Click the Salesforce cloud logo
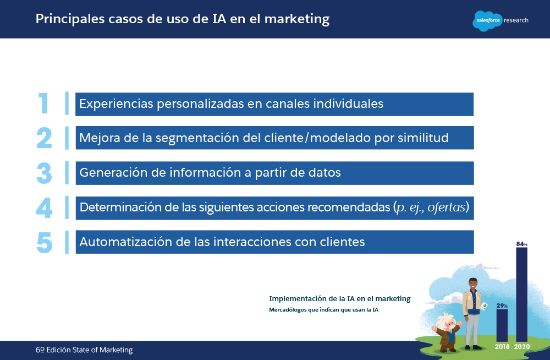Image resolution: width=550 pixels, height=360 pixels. [487, 21]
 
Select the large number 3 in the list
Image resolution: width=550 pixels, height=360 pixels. [44, 173]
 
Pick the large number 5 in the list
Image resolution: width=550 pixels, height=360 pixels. [45, 242]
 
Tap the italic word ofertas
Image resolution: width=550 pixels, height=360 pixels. [446, 207]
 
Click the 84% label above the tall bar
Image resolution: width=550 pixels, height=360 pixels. [521, 244]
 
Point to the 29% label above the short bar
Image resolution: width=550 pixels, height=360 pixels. [502, 306]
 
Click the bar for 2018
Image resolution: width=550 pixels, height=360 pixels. [502, 325]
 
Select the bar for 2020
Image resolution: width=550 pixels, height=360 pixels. [521, 294]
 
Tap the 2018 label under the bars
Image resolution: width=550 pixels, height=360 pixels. [502, 347]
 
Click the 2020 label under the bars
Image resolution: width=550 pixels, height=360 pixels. [522, 347]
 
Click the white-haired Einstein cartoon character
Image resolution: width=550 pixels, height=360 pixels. [447, 332]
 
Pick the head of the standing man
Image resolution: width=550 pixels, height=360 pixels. [473, 284]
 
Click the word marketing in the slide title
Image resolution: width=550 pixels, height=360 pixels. [297, 19]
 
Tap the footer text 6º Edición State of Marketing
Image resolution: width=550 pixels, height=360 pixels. [84, 350]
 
